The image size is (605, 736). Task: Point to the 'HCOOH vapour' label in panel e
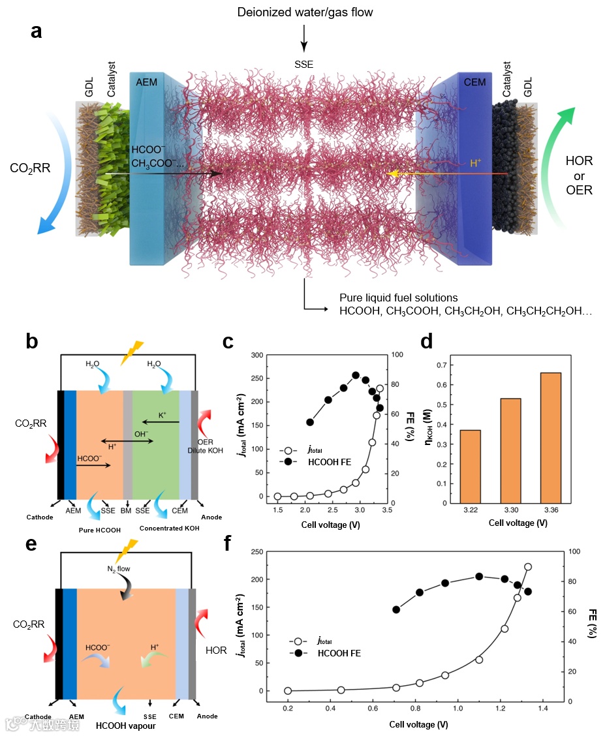coord(125,725)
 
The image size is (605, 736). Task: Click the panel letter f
coord(229,544)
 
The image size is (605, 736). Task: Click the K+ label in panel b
coord(163,414)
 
